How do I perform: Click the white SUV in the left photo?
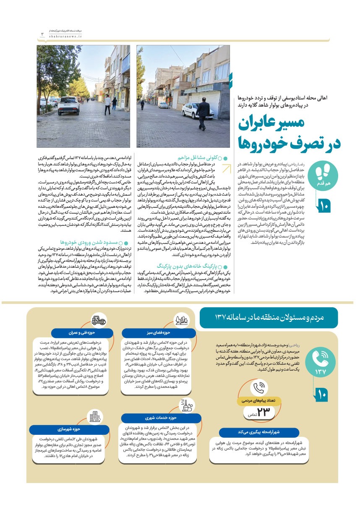[68, 105]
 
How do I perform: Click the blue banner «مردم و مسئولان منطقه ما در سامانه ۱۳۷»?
[269, 318]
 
